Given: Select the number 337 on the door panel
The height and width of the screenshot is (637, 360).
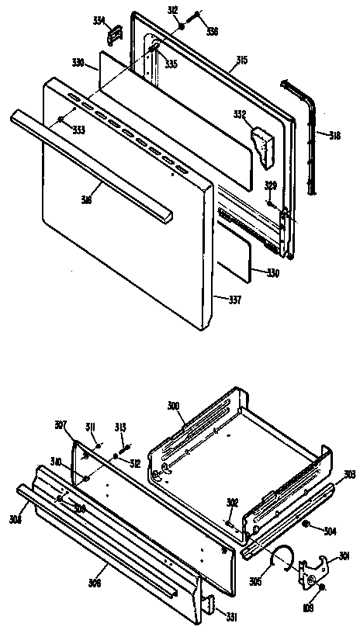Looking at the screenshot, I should pos(223,299).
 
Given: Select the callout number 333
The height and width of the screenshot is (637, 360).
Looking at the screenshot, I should pos(79,129).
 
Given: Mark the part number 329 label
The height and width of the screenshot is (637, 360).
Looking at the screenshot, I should pos(270,185).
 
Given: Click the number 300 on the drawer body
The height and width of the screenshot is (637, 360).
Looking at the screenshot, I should pos(173,406).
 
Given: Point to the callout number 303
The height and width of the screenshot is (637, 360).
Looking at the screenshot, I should pos(350,474).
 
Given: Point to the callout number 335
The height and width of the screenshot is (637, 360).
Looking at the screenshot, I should pos(170,64).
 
